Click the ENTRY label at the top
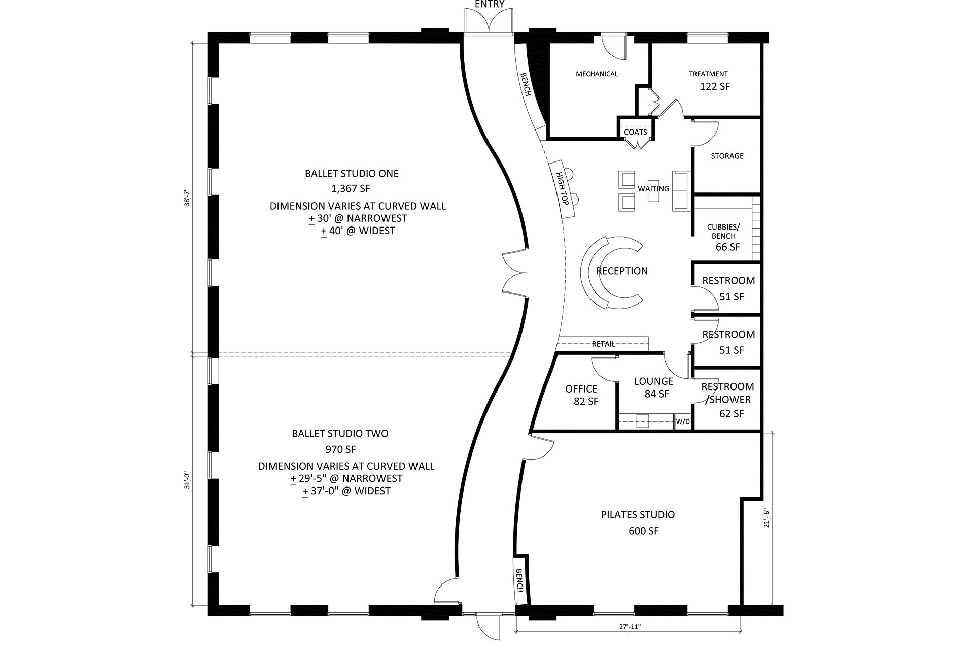[x=490, y=5]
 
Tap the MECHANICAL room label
[x=597, y=74]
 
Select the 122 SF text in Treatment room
[x=715, y=87]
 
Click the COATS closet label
[x=635, y=132]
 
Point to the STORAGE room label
[x=727, y=156]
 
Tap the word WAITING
[x=653, y=189]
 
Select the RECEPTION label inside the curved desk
[x=622, y=271]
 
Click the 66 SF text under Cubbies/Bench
[x=727, y=247]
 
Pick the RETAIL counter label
[x=604, y=344]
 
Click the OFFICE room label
[x=581, y=389]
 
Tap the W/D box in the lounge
[x=683, y=422]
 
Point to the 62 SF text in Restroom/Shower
[x=731, y=414]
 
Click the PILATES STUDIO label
[x=638, y=515]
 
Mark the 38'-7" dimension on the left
[x=187, y=197]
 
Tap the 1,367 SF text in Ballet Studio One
[x=351, y=189]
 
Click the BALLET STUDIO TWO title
[x=340, y=434]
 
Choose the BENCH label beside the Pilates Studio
[x=519, y=580]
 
